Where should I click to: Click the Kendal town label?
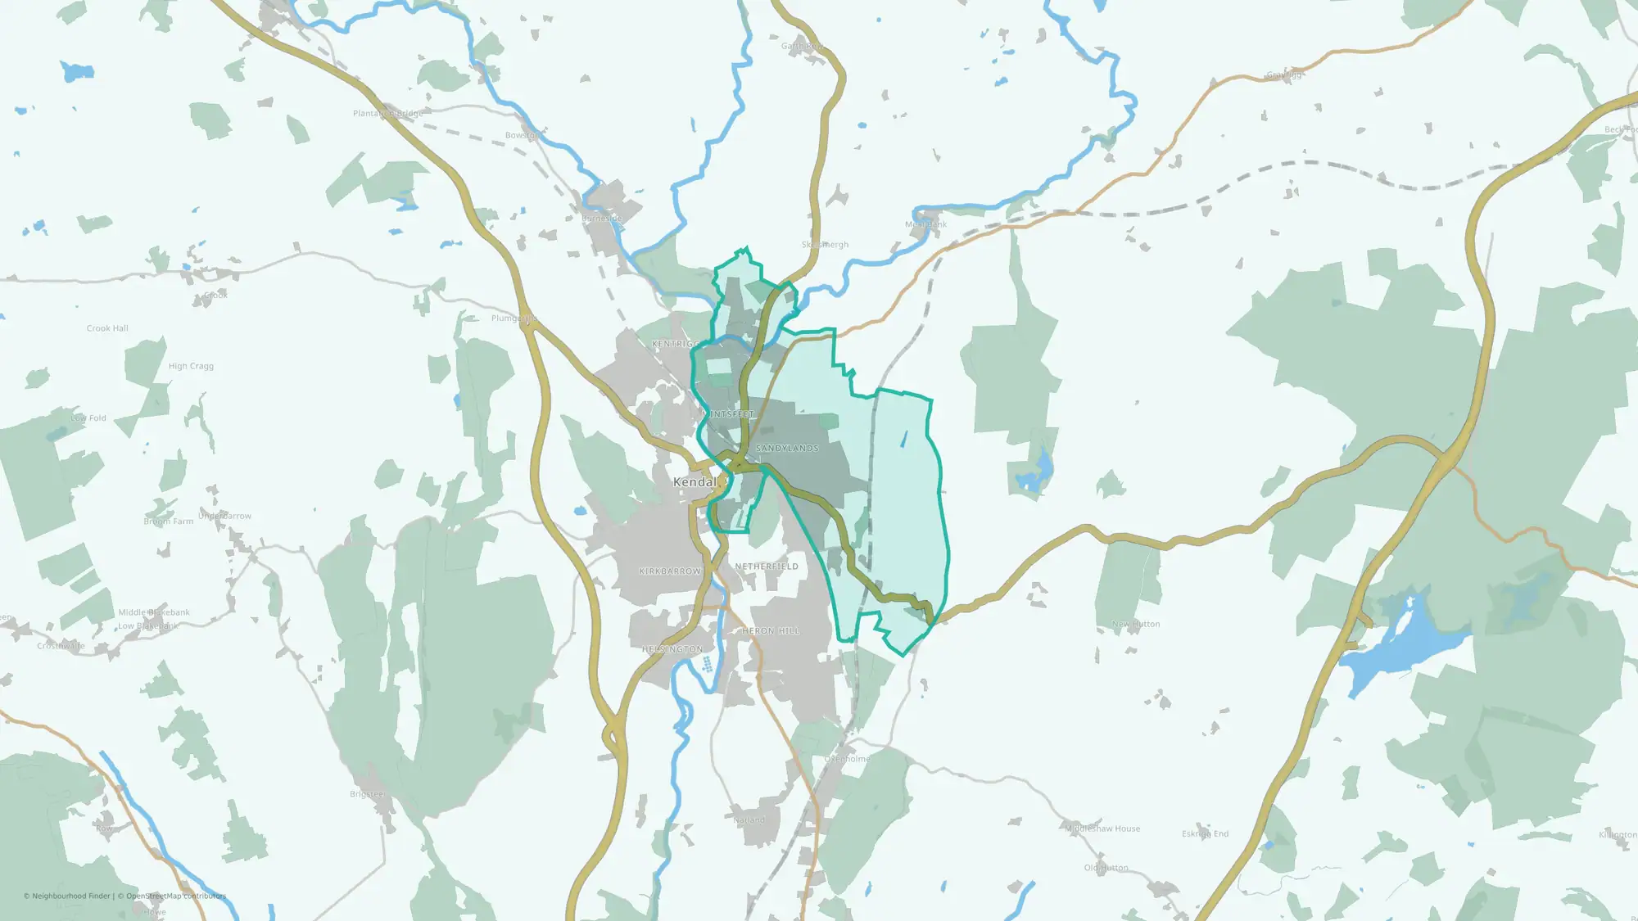point(695,482)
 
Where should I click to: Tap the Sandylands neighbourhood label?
point(787,449)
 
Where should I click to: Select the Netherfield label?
point(767,567)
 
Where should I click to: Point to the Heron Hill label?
point(771,631)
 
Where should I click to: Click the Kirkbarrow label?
point(670,571)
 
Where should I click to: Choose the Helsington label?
point(672,649)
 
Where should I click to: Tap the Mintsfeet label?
point(728,415)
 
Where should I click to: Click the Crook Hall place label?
point(107,328)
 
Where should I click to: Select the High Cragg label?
point(191,366)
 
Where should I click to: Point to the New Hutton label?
point(1136,624)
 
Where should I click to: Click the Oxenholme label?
point(847,759)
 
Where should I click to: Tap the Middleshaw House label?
point(1102,828)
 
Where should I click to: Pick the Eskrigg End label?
point(1205,833)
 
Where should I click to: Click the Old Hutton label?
point(1106,868)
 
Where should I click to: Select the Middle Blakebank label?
point(154,612)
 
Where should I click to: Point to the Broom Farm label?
point(169,521)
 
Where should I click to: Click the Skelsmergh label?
point(825,245)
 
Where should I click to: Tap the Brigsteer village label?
point(367,794)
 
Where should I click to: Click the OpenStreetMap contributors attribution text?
point(176,896)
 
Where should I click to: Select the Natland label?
point(749,819)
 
